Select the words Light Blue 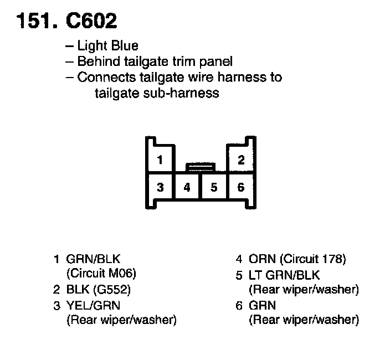click(x=107, y=46)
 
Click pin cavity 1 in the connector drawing click(x=160, y=161)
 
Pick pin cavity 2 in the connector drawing click(x=241, y=161)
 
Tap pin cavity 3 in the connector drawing click(x=160, y=187)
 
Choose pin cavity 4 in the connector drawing click(x=187, y=187)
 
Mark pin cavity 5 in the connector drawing click(x=214, y=187)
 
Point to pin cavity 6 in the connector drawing click(x=241, y=187)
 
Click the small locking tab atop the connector click(x=201, y=165)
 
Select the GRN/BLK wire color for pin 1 click(x=93, y=259)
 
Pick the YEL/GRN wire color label click(x=93, y=305)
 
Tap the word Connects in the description click(x=102, y=77)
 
